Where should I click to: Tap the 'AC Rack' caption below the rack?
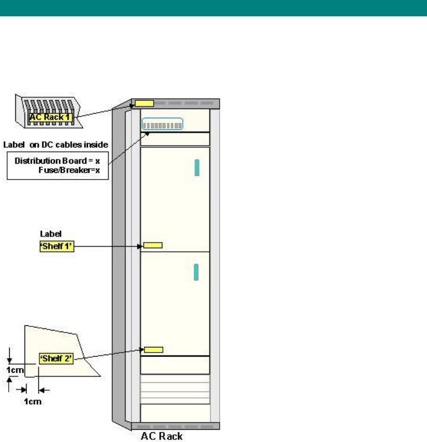pos(161,437)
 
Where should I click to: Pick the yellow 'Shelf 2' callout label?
pos(57,359)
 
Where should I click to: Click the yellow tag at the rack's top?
pos(144,104)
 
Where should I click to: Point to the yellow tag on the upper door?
pos(153,246)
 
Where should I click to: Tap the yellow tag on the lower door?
pos(153,350)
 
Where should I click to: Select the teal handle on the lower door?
pos(196,272)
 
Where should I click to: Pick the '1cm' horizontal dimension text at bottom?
pos(32,402)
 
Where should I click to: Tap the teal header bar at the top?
pos(213,8)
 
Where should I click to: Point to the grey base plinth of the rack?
pos(175,426)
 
